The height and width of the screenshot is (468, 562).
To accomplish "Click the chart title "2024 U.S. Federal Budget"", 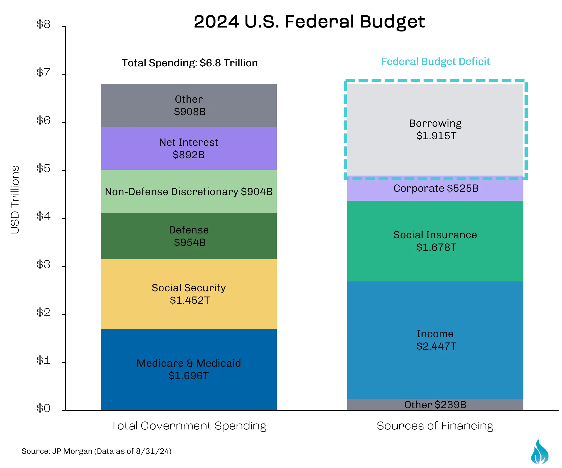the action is [x=309, y=22].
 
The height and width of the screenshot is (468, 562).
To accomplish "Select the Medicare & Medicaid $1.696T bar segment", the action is [x=189, y=369].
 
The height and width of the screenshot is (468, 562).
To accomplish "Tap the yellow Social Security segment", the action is [x=189, y=294].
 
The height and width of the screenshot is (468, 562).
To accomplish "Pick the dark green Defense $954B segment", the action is [x=189, y=236].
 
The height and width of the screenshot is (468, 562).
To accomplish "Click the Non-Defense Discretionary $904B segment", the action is [x=189, y=191].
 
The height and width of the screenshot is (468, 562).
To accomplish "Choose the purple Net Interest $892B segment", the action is [x=189, y=148].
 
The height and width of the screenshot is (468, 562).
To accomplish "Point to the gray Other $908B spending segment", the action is [x=189, y=105].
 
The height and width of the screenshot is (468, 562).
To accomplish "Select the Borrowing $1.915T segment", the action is [x=435, y=130].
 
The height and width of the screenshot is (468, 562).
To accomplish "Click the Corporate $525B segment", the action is [x=435, y=188].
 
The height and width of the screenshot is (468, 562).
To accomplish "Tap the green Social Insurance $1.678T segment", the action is [x=435, y=241].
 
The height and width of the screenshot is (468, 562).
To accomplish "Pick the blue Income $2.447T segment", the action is [x=435, y=340].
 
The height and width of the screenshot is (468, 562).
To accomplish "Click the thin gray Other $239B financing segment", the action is [x=435, y=404].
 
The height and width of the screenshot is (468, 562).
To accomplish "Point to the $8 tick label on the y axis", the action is [x=43, y=24].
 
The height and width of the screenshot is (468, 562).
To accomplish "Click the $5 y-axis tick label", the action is [x=43, y=168].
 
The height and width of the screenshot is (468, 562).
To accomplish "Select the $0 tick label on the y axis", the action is [x=43, y=408].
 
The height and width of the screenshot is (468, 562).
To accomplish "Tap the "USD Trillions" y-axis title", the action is [x=15, y=200].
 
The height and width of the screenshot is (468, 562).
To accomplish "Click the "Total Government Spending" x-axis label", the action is [x=188, y=426].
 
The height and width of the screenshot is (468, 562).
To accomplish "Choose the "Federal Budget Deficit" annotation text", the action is [x=435, y=62].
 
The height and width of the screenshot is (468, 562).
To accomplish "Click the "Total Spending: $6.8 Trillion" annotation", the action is [x=190, y=63].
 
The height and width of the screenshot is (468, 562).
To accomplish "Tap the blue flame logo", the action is [x=540, y=452].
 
